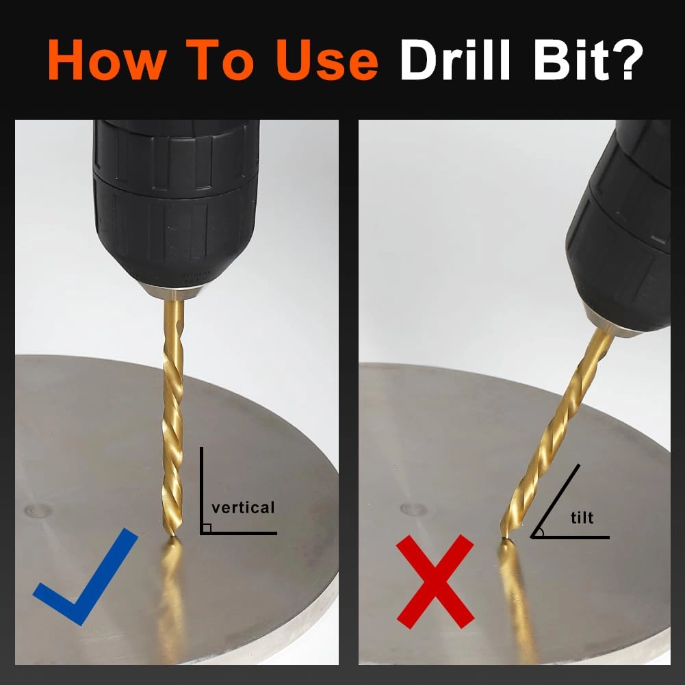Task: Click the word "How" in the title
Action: (107, 60)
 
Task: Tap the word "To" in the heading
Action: (220, 60)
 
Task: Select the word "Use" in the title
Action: (327, 60)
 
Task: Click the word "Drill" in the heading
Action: (454, 59)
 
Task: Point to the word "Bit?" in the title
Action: (588, 59)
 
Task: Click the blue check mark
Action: (86, 577)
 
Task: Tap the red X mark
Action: (435, 582)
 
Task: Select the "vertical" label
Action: (243, 508)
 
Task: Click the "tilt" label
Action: (582, 517)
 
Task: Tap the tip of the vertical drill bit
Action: (172, 534)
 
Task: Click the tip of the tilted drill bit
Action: (504, 537)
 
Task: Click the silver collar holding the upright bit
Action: (173, 292)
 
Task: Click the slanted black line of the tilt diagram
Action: (556, 501)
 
